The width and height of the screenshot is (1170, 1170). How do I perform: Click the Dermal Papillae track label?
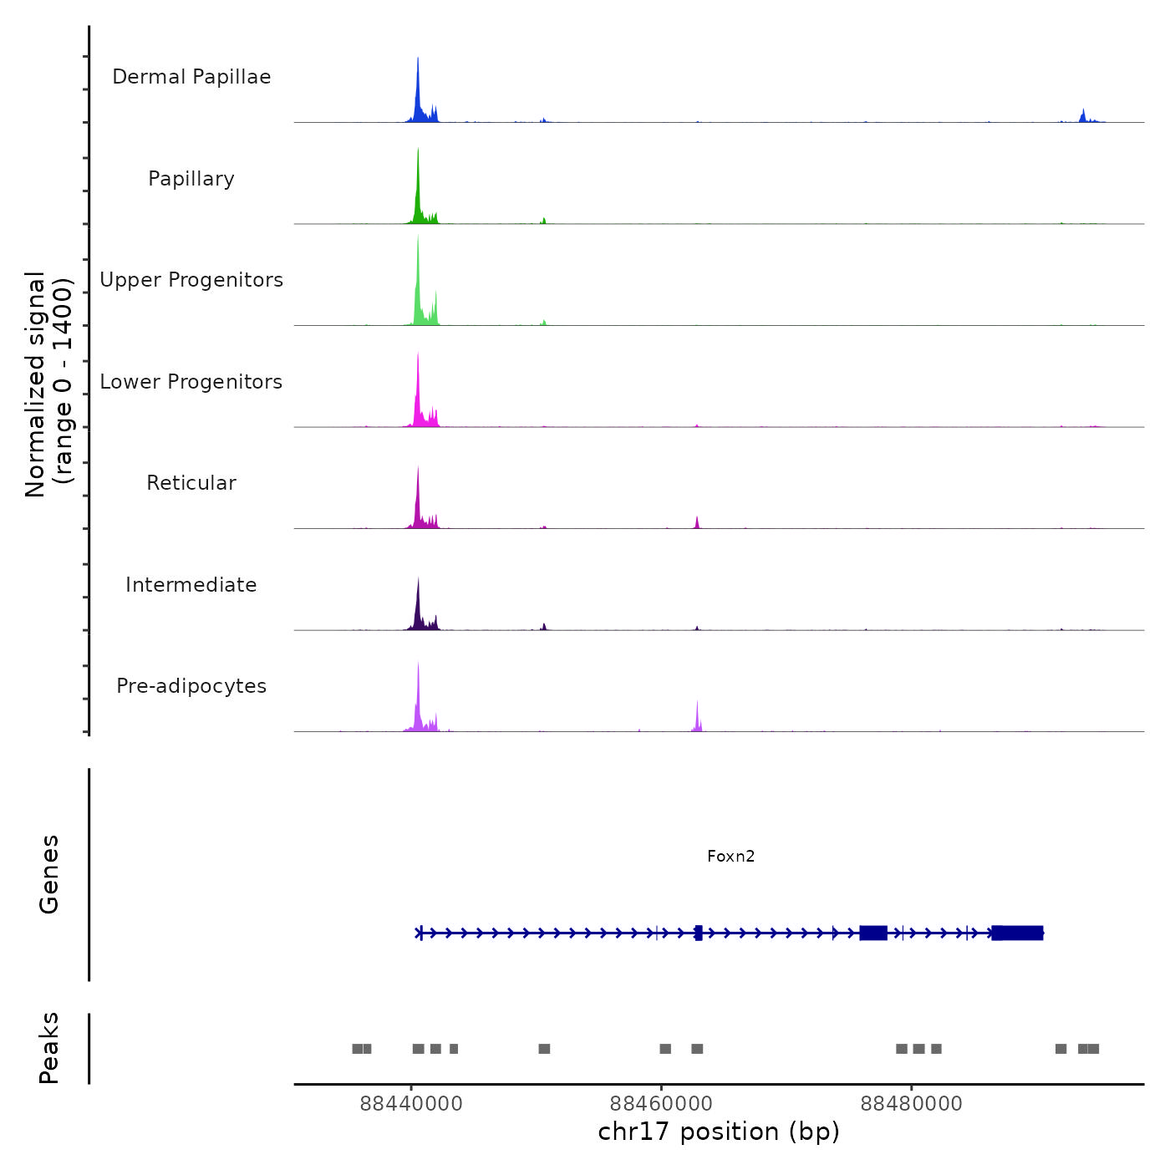pyautogui.click(x=191, y=77)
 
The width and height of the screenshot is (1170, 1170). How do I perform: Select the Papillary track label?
pyautogui.click(x=191, y=179)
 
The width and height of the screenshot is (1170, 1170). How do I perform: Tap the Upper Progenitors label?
pyautogui.click(x=191, y=280)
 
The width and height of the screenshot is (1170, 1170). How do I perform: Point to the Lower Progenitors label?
pyautogui.click(x=191, y=382)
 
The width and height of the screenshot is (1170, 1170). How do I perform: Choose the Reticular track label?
pyautogui.click(x=191, y=483)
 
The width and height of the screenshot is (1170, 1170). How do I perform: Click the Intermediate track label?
pyautogui.click(x=191, y=585)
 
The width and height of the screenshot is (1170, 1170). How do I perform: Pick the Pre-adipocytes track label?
pyautogui.click(x=191, y=686)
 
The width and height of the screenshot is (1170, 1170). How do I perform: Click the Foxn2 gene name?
pyautogui.click(x=730, y=856)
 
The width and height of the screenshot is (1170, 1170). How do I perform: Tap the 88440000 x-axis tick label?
pyautogui.click(x=411, y=1104)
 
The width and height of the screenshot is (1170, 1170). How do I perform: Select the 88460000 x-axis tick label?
pyautogui.click(x=661, y=1104)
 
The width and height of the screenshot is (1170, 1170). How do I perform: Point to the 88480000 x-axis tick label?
pyautogui.click(x=911, y=1104)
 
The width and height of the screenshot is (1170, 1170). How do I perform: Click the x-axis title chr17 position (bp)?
pyautogui.click(x=719, y=1132)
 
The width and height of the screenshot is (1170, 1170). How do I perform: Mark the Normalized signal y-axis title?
pyautogui.click(x=48, y=384)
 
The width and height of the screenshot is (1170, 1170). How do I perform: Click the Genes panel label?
pyautogui.click(x=48, y=874)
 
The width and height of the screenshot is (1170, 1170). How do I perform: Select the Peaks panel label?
pyautogui.click(x=48, y=1048)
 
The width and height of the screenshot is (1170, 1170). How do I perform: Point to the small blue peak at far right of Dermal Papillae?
pyautogui.click(x=1083, y=116)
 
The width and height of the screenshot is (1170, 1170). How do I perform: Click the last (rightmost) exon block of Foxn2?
pyautogui.click(x=1018, y=933)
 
